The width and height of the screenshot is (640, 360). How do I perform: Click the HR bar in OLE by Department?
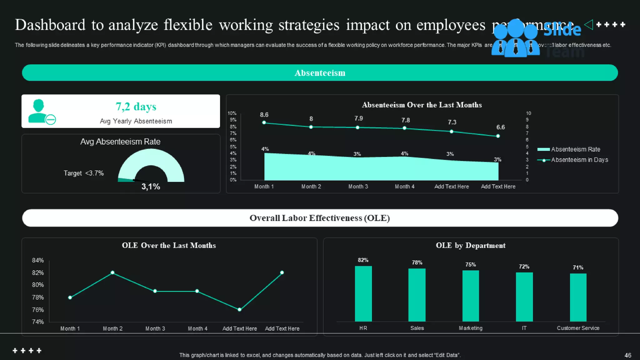tap(363, 293)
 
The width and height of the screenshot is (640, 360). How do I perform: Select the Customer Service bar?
tap(578, 297)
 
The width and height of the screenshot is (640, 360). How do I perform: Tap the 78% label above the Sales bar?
tap(417, 262)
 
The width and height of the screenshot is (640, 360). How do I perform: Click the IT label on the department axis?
tap(524, 328)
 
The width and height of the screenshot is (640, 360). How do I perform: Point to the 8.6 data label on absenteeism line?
tap(264, 115)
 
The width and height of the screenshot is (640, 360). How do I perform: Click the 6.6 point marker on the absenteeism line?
tap(498, 136)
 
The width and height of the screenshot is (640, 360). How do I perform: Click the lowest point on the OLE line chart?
tap(239, 309)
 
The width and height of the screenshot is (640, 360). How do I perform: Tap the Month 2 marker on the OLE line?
tap(112, 272)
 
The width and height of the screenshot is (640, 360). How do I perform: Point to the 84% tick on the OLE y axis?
tap(38, 260)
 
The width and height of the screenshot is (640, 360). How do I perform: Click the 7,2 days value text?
tap(136, 107)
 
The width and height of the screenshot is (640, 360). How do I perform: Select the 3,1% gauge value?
tap(151, 187)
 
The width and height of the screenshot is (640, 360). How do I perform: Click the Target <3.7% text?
tap(83, 173)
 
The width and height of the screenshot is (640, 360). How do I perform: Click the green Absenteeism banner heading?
tap(320, 73)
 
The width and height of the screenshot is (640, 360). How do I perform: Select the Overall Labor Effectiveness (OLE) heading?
tap(320, 218)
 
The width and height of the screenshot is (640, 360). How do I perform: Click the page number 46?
tap(627, 355)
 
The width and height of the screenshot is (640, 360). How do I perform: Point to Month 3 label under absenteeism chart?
tap(358, 187)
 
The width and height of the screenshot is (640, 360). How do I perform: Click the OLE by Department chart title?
tap(470, 245)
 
